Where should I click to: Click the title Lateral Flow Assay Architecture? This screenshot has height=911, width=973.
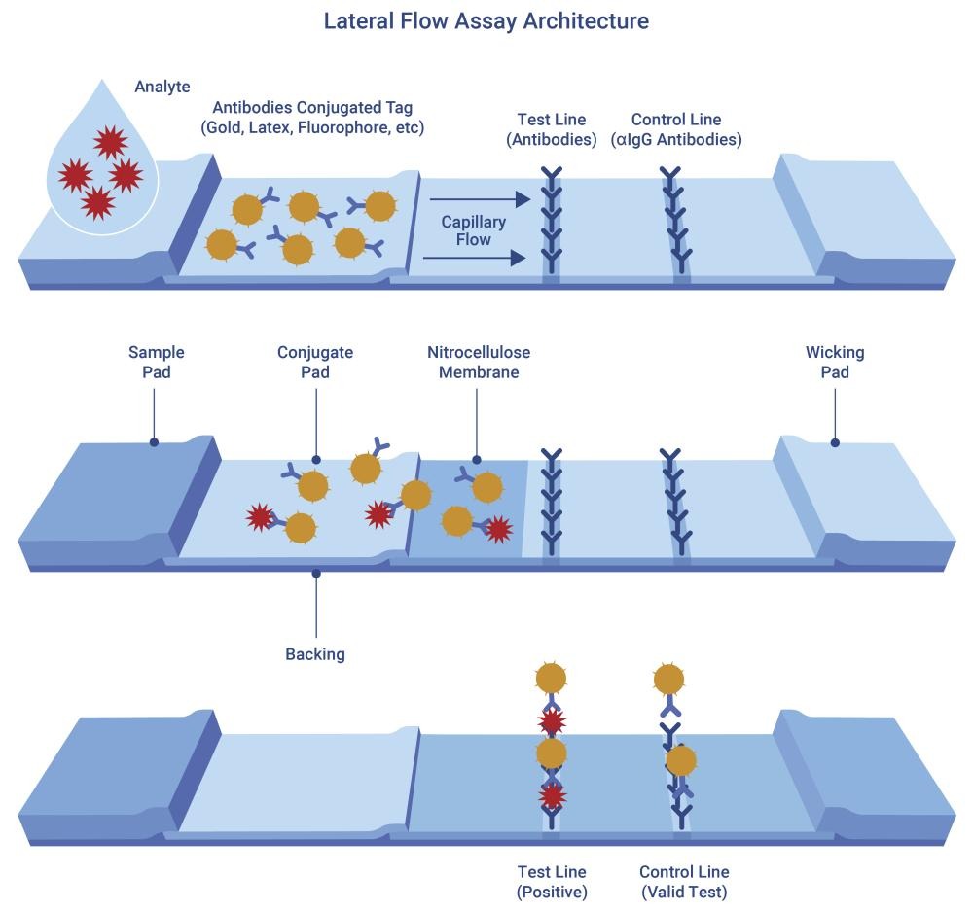coord(486,20)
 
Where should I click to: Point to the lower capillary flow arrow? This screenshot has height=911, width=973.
coord(476,258)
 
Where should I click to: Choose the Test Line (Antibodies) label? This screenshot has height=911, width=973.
coord(551,129)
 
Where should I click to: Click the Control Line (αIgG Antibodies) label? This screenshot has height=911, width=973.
coord(676,129)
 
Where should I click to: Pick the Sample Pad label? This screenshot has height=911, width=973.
coord(156,362)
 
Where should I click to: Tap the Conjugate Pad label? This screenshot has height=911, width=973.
coord(315,362)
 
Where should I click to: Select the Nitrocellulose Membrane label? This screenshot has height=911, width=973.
coord(479,362)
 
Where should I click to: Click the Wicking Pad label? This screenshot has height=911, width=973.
coord(834,362)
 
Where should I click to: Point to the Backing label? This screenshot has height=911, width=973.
coord(315,654)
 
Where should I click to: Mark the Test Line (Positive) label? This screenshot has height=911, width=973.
coord(552,882)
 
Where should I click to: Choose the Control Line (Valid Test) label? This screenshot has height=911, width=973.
coord(684,882)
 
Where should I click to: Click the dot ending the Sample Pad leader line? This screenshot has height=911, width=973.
coord(154,443)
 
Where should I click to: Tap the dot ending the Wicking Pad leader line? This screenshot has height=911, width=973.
coord(835,443)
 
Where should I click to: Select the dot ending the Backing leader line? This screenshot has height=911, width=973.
coord(315,574)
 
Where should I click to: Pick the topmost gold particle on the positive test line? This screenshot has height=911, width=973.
coord(552,678)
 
